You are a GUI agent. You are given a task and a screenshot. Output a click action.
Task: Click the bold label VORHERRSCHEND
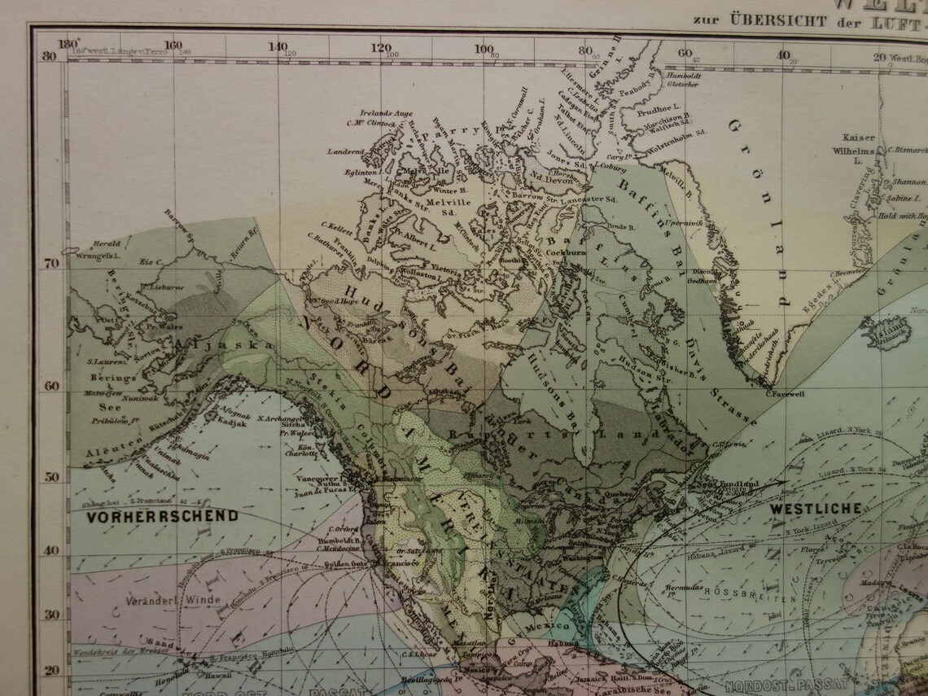click(163, 515)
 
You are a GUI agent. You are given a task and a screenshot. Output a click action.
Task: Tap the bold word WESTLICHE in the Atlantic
click(815, 509)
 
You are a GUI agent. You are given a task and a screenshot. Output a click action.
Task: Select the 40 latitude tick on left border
click(50, 550)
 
